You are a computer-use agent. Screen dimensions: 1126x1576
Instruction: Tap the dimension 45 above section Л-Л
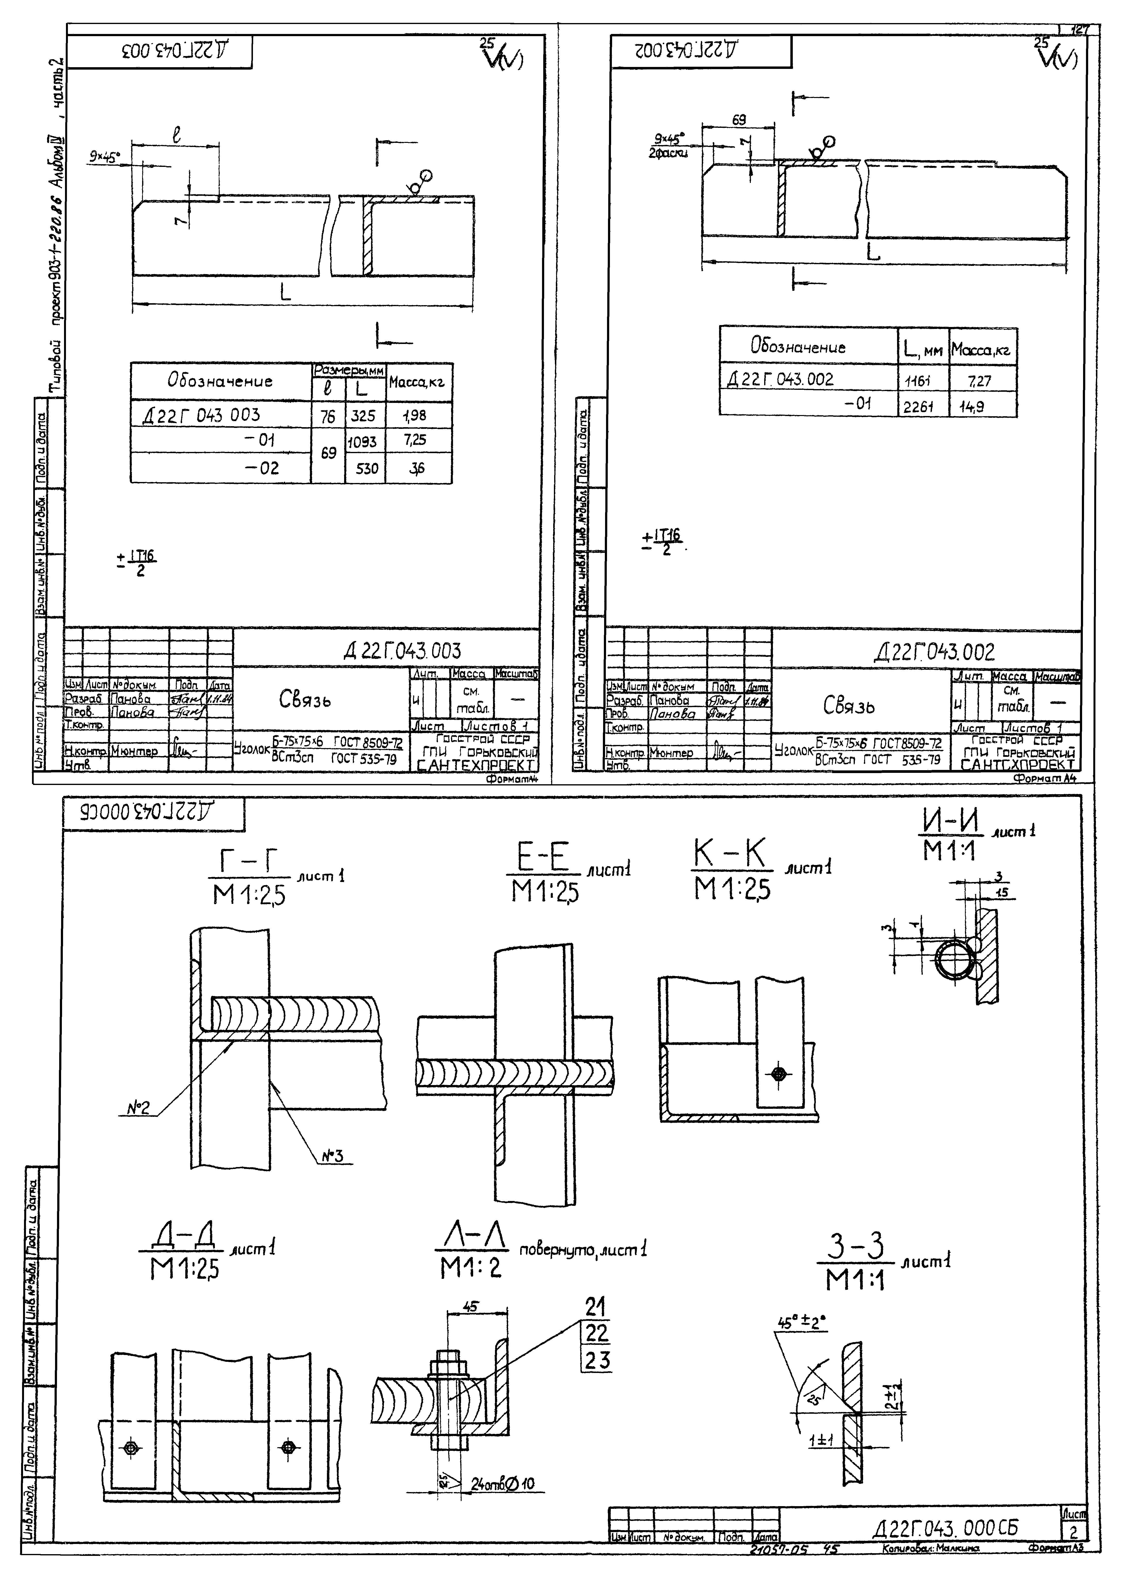click(470, 1306)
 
